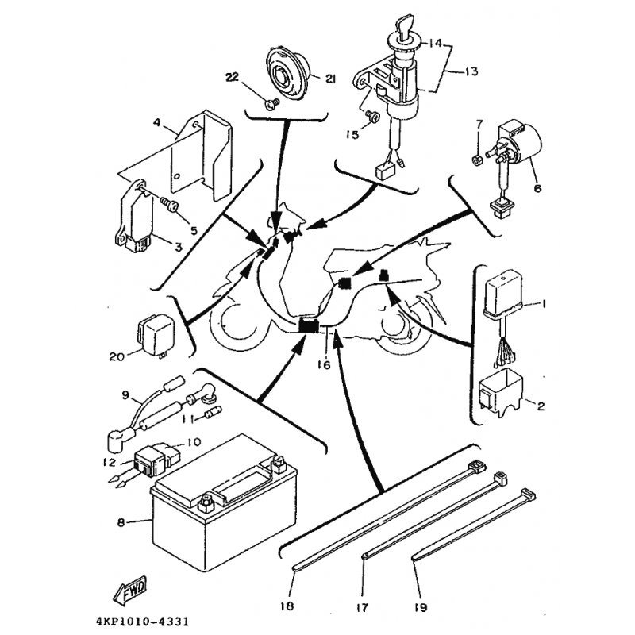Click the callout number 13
coord(471,72)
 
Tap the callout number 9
coord(125,394)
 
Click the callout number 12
coord(110,462)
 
